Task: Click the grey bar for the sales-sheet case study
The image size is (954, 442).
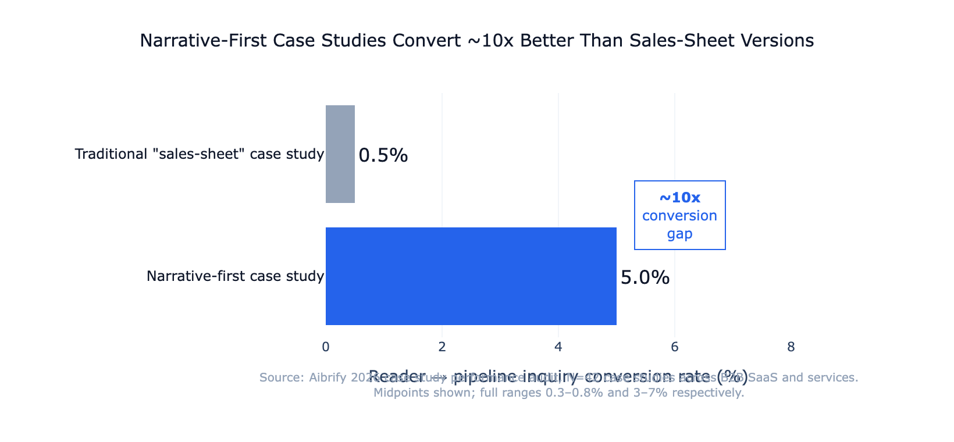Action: click(x=340, y=154)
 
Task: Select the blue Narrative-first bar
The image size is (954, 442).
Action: click(x=471, y=276)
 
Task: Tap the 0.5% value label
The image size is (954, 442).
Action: click(x=383, y=155)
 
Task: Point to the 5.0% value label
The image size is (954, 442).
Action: click(x=645, y=277)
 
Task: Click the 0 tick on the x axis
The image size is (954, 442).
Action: click(x=326, y=347)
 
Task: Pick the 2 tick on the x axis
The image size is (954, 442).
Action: click(x=442, y=347)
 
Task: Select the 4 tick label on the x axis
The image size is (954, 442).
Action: click(x=558, y=347)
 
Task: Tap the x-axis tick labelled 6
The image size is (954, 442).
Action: click(x=675, y=347)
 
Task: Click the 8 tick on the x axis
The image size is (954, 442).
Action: click(x=791, y=347)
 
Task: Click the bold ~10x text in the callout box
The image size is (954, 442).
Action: click(x=679, y=198)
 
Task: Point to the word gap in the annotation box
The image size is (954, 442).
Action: click(x=679, y=234)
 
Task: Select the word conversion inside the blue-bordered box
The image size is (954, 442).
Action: click(x=679, y=216)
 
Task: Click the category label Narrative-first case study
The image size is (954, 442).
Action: click(x=235, y=276)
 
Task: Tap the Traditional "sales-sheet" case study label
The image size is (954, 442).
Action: click(x=199, y=154)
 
